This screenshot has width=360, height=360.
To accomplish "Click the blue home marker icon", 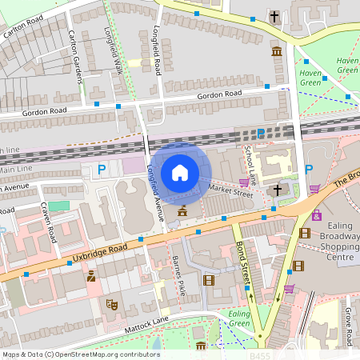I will tap(180, 172).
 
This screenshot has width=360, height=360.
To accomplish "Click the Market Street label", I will tap(230, 190).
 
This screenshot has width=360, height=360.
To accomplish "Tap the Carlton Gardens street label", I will tap(75, 56).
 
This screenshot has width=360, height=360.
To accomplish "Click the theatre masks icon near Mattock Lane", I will tap(113, 304).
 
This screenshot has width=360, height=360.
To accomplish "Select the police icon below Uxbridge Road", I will tap(91, 277).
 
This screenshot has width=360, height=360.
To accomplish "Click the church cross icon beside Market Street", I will tap(277, 190).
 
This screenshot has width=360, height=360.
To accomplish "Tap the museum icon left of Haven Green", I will tap(277, 52).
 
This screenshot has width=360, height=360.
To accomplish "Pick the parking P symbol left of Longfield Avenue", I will tap(101, 169).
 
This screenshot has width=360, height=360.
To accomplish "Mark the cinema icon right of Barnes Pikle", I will tap(209, 280).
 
